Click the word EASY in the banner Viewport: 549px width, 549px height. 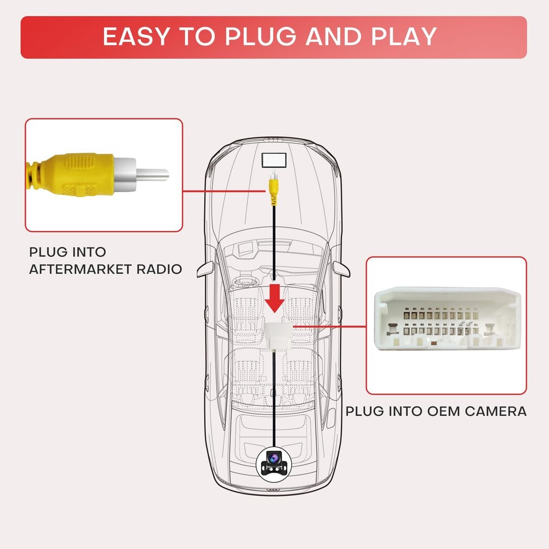[x=136, y=37]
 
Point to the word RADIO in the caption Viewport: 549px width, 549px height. [x=160, y=268]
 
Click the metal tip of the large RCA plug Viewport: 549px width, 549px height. [x=152, y=172]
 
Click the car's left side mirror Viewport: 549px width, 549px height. [x=203, y=268]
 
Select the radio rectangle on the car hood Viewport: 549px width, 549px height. [x=275, y=160]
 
